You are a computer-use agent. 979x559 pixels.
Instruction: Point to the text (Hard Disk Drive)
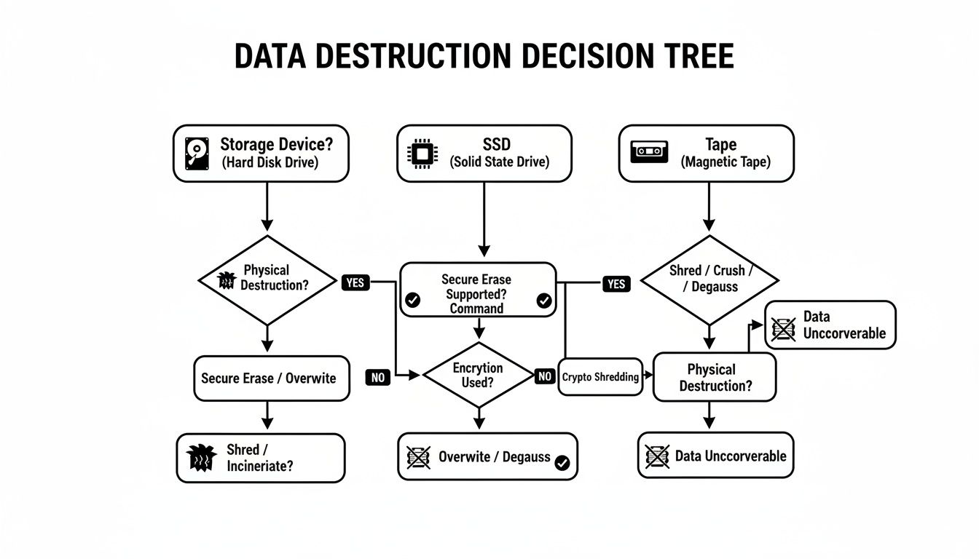point(270,163)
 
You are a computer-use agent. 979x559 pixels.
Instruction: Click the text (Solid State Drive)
point(500,162)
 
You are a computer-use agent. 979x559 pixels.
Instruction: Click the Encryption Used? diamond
point(478,376)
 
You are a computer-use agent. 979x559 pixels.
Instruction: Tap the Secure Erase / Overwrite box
point(268,378)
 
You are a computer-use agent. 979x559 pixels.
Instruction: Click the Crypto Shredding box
point(600,377)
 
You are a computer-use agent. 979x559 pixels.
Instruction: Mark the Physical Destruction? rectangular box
point(715,377)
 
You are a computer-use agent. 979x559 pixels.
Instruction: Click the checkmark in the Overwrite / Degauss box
point(562,463)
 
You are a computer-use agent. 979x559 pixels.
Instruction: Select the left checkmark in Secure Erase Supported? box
point(412,300)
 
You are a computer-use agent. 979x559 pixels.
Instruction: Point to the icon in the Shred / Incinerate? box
point(202,458)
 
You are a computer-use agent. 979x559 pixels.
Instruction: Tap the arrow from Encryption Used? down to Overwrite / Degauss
point(479,419)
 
